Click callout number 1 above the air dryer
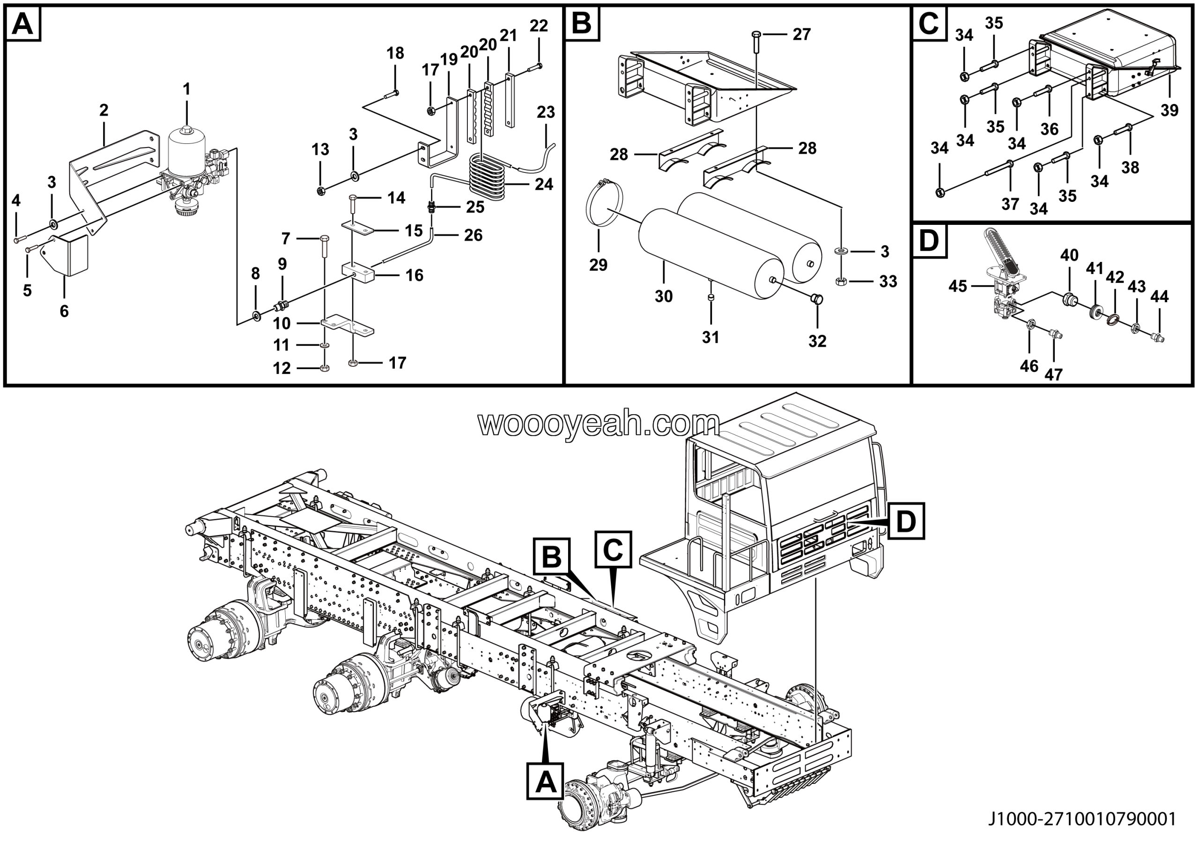coord(186,89)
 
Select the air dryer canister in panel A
coord(187,149)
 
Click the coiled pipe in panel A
coord(487,178)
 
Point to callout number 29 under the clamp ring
coord(599,265)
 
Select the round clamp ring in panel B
coord(604,203)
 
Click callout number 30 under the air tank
coord(664,297)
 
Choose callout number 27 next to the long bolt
coord(801,35)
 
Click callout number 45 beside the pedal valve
coord(958,286)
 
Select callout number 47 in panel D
coord(1053,374)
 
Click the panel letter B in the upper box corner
coord(582,23)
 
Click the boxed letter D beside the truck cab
coord(906,520)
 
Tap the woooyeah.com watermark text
coord(599,424)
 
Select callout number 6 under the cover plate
coord(64,311)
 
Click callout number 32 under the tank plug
coord(817,341)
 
